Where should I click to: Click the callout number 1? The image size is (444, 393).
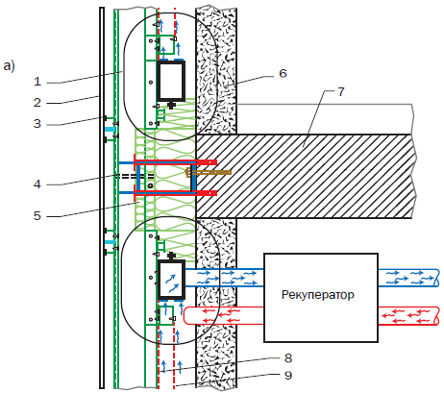click(37, 82)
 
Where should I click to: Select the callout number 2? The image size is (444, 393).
click(37, 103)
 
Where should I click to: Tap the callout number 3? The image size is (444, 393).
click(37, 123)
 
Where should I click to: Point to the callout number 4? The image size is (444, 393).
click(37, 184)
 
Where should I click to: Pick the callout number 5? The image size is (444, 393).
click(37, 215)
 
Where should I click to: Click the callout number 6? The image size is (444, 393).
click(283, 73)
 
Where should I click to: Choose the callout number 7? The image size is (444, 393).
click(341, 92)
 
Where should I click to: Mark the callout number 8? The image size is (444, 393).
click(288, 357)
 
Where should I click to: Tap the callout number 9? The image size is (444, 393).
click(288, 375)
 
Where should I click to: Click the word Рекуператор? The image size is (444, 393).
click(318, 295)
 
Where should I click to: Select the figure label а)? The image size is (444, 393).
click(9, 66)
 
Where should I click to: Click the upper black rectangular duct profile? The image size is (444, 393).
click(171, 81)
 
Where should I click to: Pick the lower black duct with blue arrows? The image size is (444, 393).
click(171, 280)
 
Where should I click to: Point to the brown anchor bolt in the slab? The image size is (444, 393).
click(209, 173)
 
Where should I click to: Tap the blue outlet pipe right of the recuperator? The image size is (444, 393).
click(408, 278)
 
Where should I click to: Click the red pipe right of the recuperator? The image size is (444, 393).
click(408, 316)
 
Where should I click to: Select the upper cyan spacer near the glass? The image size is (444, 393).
click(110, 129)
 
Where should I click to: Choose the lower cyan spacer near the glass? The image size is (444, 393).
click(110, 242)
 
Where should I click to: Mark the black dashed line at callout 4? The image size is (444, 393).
click(135, 176)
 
